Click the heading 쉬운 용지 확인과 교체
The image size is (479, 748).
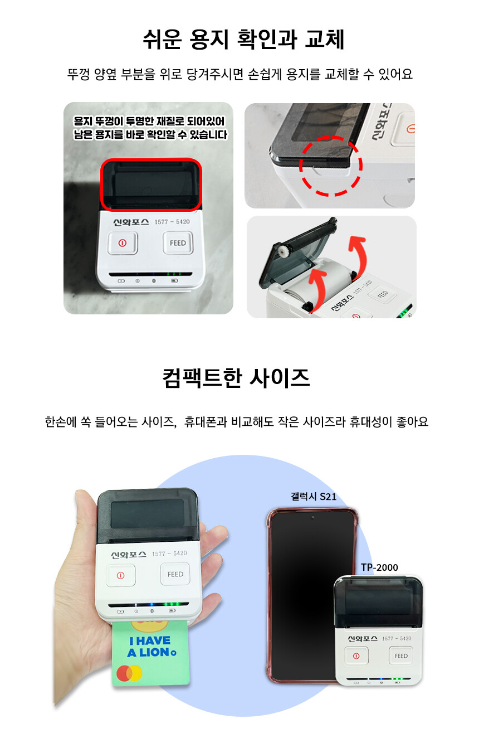click(x=243, y=40)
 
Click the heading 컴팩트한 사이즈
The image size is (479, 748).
click(x=236, y=378)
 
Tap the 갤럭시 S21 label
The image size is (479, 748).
click(x=314, y=497)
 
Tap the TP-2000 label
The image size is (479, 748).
click(x=379, y=567)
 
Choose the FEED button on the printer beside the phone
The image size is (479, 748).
click(x=400, y=656)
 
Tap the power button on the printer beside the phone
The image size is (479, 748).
click(x=356, y=656)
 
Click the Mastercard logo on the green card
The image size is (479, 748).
click(x=129, y=673)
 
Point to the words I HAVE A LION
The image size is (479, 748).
click(x=152, y=647)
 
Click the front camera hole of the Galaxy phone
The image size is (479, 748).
click(x=313, y=517)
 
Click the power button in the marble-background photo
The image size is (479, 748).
click(x=122, y=243)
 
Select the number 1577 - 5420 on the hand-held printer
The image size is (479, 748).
click(x=169, y=553)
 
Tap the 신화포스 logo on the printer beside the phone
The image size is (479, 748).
click(x=363, y=638)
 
